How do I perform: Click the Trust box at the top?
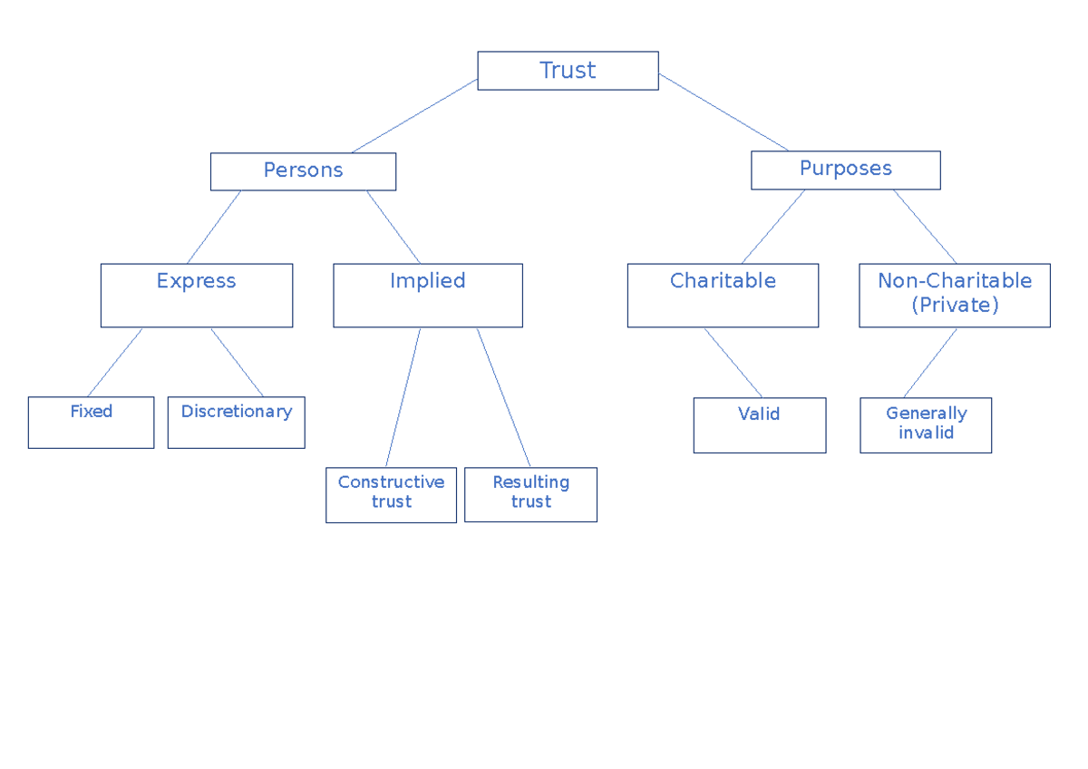tap(568, 71)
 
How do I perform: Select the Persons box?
tap(303, 171)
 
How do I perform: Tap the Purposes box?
tap(845, 170)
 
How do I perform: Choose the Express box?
tap(196, 295)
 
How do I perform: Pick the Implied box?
tap(427, 295)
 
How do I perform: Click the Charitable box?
tap(723, 295)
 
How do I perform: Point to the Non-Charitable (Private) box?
tap(954, 295)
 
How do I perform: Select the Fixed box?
tap(91, 422)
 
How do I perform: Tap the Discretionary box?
tap(236, 422)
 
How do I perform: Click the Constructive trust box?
tap(391, 494)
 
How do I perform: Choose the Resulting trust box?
tap(530, 494)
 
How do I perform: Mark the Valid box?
tap(759, 424)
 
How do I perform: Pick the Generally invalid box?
tap(926, 424)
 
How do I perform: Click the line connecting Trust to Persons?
tap(414, 116)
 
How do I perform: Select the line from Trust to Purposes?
tap(724, 112)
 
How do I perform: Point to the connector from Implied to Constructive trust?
tap(403, 397)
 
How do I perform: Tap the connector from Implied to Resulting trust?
tap(503, 397)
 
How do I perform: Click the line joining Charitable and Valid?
tap(733, 363)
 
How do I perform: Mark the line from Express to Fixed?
tap(115, 362)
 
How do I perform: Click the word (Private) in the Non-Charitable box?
tap(955, 306)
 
